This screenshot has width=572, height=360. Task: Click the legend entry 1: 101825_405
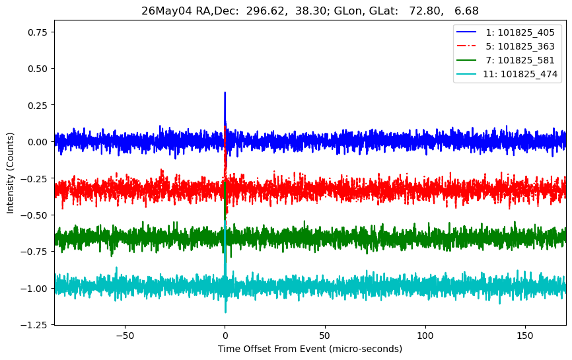tap(505, 32)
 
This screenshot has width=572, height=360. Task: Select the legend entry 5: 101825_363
tap(505, 46)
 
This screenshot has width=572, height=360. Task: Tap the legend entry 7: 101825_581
tap(505, 60)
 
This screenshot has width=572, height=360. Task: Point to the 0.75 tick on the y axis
tap(38, 32)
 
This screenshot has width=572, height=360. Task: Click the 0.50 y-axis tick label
tap(38, 69)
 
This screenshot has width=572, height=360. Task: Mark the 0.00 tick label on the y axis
tap(38, 142)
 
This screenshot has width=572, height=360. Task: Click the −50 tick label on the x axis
tap(125, 336)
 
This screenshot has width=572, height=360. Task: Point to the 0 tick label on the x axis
tap(225, 336)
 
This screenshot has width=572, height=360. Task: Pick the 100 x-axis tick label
tap(425, 336)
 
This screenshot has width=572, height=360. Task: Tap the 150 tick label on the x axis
tap(525, 336)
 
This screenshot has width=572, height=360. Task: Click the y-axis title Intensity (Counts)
tap(10, 173)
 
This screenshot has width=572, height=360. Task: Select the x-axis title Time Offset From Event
tap(271, 349)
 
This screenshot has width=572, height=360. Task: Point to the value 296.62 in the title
tap(266, 11)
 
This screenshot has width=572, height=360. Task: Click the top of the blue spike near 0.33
tap(225, 92)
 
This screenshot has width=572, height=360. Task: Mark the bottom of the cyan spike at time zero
tap(225, 312)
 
